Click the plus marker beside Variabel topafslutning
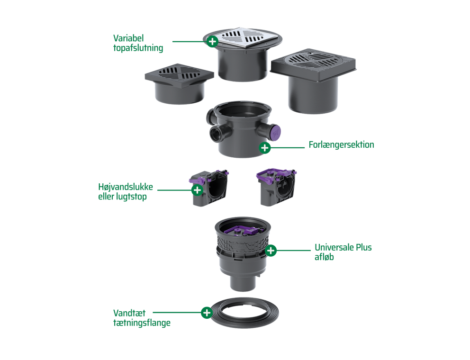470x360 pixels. click(x=213, y=41)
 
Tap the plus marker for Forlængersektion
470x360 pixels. click(x=265, y=147)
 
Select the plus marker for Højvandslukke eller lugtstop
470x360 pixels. click(x=197, y=190)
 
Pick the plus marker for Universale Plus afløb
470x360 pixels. click(x=271, y=250)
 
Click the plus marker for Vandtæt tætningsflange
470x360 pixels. click(x=207, y=313)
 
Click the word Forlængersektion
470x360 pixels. click(x=342, y=145)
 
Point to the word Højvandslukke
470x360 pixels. click(x=126, y=187)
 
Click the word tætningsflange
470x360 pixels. click(x=142, y=323)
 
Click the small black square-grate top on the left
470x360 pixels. click(x=179, y=83)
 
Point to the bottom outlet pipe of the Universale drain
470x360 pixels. click(x=243, y=282)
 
